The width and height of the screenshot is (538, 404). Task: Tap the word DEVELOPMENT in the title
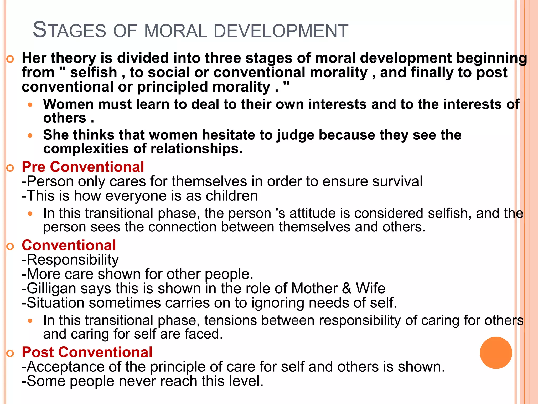[281, 31]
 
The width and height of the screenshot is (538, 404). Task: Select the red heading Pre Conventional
[83, 167]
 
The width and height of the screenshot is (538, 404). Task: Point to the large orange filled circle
[496, 353]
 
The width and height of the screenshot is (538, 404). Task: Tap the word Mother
[314, 288]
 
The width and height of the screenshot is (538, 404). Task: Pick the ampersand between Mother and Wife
[347, 288]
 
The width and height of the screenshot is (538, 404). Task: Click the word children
[231, 196]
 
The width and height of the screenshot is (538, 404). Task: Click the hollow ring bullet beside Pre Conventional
[10, 168]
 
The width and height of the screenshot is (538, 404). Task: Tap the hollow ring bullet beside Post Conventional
[10, 353]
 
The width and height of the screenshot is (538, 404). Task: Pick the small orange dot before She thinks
[30, 136]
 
